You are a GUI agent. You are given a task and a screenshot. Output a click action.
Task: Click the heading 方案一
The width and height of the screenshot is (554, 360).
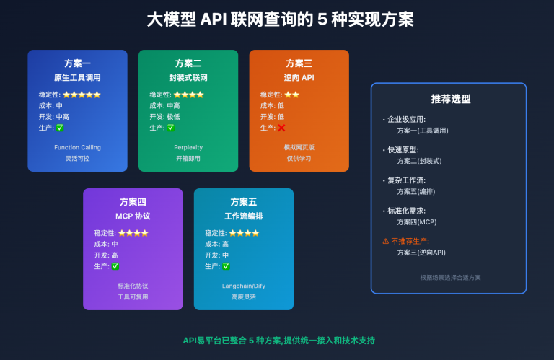[x=77, y=63]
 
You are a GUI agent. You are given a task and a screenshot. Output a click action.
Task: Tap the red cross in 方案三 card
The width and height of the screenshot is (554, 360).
[x=281, y=128]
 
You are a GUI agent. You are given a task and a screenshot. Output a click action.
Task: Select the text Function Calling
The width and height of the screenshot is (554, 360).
[x=77, y=147]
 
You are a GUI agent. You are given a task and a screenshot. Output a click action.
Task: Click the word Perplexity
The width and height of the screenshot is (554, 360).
[x=188, y=147]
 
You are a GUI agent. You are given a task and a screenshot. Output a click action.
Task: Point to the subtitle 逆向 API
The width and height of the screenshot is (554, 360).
[x=299, y=77]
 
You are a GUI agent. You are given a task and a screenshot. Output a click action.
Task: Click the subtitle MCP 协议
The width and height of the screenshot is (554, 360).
[x=133, y=216]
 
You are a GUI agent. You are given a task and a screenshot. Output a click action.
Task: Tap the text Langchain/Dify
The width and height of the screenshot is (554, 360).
[x=244, y=286]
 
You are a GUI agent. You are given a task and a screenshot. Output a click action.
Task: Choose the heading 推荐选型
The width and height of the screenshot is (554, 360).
[x=448, y=99]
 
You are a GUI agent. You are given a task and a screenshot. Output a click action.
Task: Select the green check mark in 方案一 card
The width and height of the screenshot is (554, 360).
[x=60, y=128]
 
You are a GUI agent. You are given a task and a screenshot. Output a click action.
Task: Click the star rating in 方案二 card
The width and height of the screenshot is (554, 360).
[x=189, y=94]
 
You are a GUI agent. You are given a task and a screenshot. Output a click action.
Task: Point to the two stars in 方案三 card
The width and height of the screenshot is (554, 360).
[x=291, y=94]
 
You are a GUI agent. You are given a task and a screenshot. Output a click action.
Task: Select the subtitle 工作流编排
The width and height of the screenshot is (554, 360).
[x=244, y=216]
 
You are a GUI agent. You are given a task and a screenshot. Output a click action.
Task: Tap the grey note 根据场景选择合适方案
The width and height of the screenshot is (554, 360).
[x=449, y=277]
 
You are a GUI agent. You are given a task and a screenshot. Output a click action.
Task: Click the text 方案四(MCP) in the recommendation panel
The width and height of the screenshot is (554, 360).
[x=421, y=222]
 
